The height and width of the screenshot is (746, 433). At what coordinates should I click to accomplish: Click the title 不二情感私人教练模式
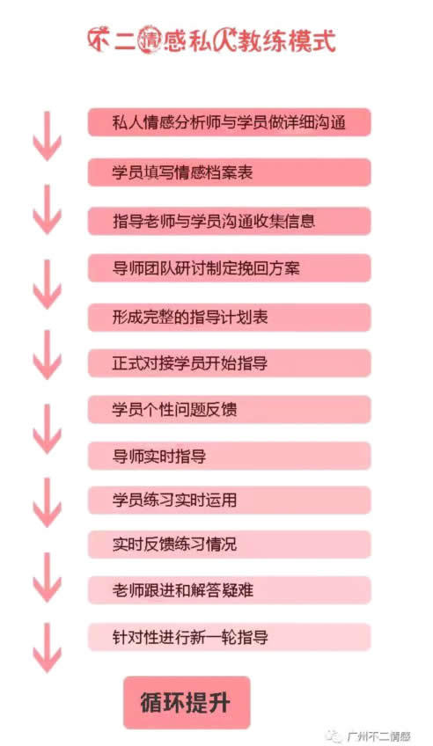click(x=212, y=40)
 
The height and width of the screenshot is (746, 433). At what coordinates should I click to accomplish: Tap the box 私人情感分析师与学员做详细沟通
click(x=229, y=122)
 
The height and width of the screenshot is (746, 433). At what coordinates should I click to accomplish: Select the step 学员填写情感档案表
click(x=229, y=172)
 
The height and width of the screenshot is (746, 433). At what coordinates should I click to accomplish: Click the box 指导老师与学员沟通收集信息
click(x=229, y=221)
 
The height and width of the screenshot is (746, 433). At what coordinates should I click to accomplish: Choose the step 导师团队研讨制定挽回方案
click(x=229, y=268)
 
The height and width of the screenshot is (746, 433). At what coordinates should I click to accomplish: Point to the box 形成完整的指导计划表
click(x=229, y=317)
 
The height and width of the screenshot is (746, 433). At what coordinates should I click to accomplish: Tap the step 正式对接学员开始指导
click(x=229, y=363)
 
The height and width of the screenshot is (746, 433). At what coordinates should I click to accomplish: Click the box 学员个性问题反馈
click(x=229, y=410)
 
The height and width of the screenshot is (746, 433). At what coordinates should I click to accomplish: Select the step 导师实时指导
click(x=229, y=456)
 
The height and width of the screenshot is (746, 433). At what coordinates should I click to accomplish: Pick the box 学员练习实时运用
click(x=229, y=500)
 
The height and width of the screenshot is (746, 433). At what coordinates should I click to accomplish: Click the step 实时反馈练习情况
click(x=229, y=545)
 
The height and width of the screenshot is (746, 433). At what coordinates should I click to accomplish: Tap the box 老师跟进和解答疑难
click(x=229, y=590)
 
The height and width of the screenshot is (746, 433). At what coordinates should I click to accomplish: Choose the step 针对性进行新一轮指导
click(x=229, y=637)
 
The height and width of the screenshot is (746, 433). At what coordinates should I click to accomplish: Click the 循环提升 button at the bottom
click(x=187, y=702)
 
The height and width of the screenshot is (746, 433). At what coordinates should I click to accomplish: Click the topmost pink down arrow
click(x=48, y=136)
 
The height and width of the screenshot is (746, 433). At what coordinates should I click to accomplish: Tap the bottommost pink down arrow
click(x=48, y=647)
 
